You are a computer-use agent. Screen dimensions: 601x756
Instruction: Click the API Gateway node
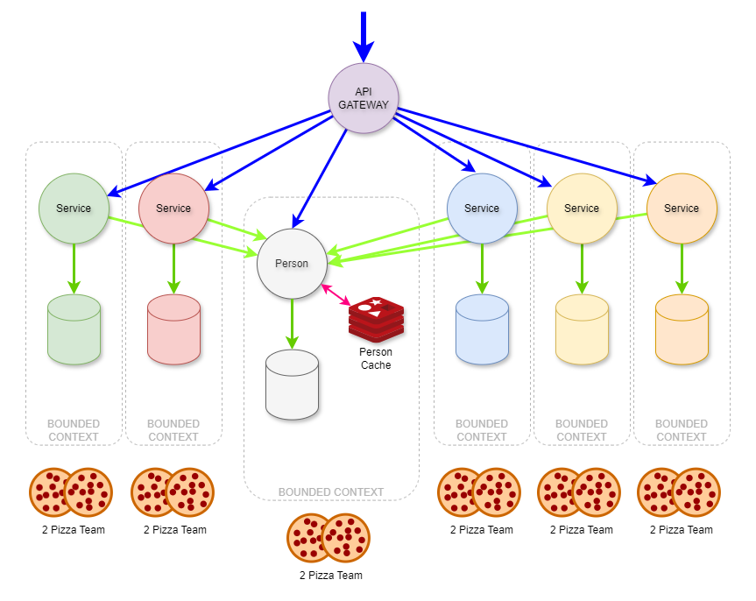point(364,98)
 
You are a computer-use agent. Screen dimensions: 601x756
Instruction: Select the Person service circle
point(292,264)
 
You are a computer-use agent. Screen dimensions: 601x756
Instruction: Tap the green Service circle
point(74,209)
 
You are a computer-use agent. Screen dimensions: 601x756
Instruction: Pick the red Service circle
point(173,209)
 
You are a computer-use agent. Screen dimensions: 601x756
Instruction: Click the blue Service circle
point(482,209)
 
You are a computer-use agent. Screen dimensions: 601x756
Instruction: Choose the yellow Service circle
point(582,209)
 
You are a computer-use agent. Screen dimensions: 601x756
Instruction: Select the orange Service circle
point(682,209)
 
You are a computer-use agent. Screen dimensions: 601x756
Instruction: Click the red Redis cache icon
point(376,319)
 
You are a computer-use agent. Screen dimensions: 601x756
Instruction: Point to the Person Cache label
point(376,358)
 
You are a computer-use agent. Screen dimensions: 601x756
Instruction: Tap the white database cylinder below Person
point(292,385)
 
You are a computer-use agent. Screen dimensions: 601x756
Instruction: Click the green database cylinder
point(74,329)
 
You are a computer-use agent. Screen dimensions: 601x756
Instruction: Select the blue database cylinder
point(482,329)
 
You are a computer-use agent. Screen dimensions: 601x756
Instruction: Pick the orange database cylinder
point(682,329)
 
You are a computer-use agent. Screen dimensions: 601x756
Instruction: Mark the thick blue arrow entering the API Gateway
point(364,35)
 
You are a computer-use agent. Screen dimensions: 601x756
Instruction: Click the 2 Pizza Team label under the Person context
point(330,576)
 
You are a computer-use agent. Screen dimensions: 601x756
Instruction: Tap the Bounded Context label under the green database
point(74,430)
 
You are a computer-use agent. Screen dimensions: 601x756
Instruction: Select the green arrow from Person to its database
point(292,324)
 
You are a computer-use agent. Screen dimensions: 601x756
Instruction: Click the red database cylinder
point(173,329)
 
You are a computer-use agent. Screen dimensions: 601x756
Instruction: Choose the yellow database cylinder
point(582,329)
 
